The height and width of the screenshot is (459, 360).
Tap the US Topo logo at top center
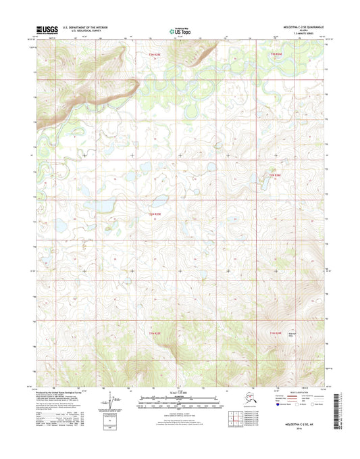(x=179, y=30)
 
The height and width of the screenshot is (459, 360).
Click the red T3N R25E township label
(x=155, y=53)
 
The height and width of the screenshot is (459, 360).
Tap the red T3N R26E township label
(x=274, y=53)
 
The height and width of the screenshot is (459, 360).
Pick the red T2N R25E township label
(x=155, y=214)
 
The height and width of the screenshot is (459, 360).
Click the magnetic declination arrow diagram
(x=106, y=406)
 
